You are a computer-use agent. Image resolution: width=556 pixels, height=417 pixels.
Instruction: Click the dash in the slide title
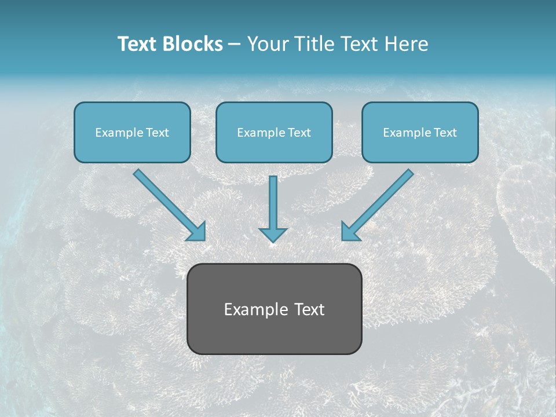click(x=235, y=45)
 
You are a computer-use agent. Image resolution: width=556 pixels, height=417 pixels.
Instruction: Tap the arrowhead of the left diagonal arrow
click(x=197, y=232)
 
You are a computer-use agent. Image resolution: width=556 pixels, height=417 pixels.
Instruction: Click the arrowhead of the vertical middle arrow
click(x=273, y=234)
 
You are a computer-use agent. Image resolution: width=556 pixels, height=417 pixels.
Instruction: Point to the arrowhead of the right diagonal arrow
click(x=349, y=232)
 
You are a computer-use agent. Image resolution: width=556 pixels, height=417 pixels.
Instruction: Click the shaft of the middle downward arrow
click(x=273, y=200)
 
